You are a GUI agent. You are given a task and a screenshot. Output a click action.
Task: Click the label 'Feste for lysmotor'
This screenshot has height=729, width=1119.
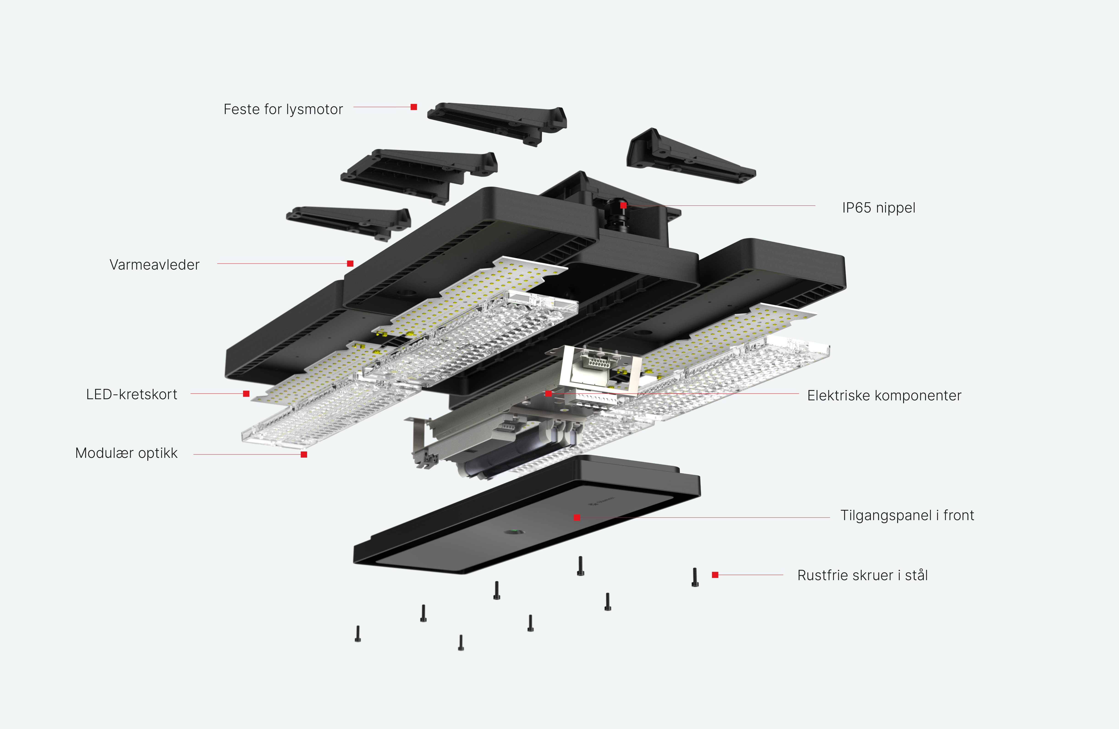[x=283, y=109]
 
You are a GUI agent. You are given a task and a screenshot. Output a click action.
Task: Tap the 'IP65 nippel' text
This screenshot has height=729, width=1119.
[x=878, y=208]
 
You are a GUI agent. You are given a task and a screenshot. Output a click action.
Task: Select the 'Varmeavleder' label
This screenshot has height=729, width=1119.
[x=154, y=265]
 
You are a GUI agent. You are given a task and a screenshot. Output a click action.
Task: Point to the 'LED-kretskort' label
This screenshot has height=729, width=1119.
[x=132, y=394]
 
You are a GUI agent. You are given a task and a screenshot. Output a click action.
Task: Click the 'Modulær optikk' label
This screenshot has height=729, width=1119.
[x=126, y=453]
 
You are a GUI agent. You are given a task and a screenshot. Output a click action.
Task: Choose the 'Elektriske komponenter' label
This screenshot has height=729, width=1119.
[x=884, y=395]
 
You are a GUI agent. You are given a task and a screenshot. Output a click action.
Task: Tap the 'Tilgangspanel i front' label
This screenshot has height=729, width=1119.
[x=907, y=515]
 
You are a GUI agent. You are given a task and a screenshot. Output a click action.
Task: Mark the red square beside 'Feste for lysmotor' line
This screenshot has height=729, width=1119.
[x=414, y=107]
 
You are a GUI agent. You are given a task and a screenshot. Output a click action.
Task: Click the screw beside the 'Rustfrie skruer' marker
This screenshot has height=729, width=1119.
[x=695, y=577]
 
